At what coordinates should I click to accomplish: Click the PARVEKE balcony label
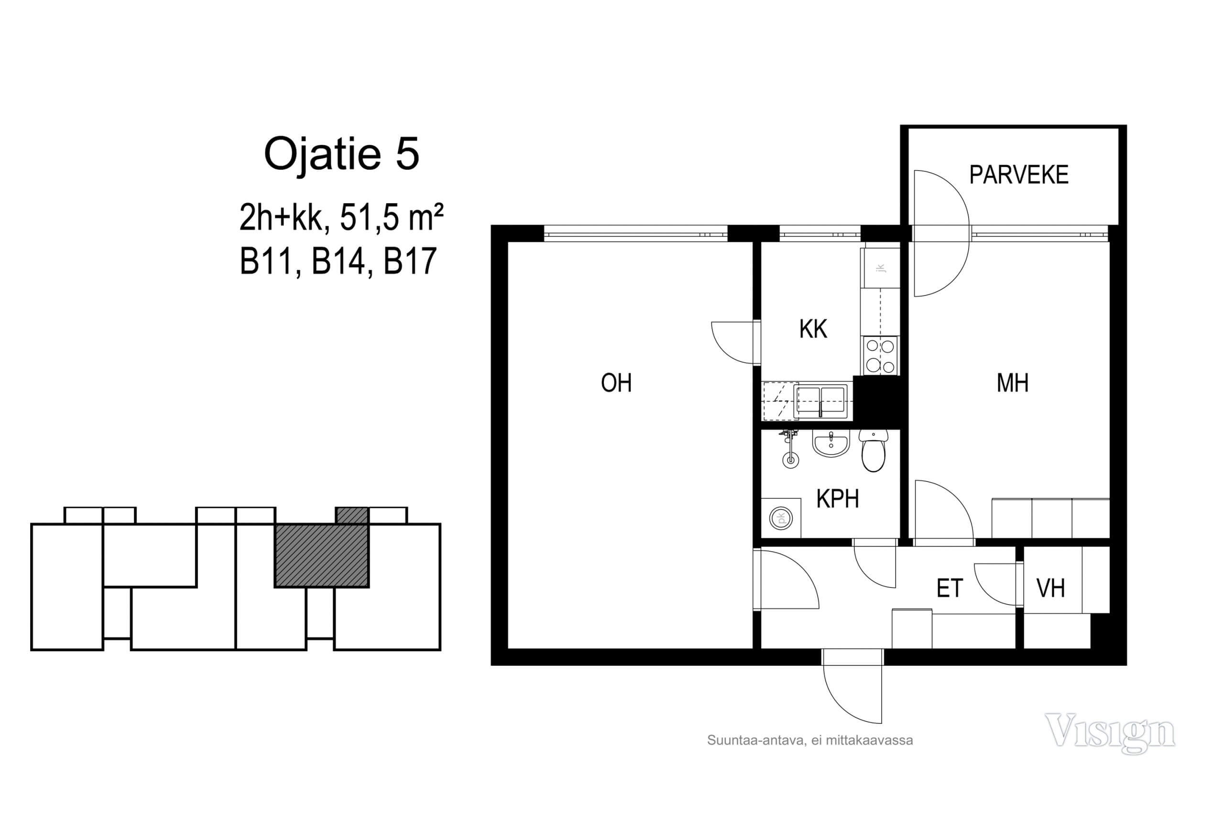coord(1018,175)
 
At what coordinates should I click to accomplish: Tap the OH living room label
coord(616,383)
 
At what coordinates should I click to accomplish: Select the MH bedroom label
coord(1012,383)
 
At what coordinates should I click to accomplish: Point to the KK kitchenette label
coord(813,329)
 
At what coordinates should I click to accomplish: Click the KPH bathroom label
coord(837,499)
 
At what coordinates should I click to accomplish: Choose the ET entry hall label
coord(950,588)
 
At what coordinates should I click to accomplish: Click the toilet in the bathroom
coord(873,450)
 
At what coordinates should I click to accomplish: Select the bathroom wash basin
coord(831,444)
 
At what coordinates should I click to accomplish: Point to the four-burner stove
coord(880,356)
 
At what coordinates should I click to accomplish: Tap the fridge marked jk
coord(880,268)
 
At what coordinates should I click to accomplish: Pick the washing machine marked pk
coord(781,518)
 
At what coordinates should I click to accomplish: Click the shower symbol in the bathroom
coord(790,448)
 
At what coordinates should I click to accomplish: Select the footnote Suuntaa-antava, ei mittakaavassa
coord(810,740)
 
